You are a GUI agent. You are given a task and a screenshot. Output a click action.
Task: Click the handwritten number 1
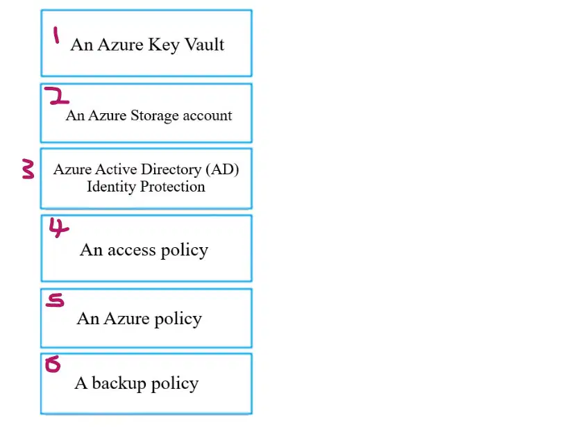[56, 35]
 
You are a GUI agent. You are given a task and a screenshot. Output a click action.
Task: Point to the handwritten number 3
[28, 169]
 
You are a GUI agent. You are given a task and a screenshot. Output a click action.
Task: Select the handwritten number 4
[59, 228]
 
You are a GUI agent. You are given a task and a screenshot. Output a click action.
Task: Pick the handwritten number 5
[56, 300]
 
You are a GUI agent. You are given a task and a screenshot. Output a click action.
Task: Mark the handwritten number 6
[53, 364]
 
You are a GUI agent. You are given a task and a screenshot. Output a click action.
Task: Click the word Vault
[204, 44]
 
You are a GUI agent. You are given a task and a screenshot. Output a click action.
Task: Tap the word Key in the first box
[164, 45]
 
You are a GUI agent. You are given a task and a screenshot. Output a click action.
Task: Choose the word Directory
[171, 170]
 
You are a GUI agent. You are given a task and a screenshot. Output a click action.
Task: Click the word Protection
[172, 187]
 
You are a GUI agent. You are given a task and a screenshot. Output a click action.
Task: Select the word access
[131, 250]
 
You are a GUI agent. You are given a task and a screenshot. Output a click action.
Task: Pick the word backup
[119, 383]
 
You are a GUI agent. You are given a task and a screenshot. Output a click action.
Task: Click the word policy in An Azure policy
[178, 319]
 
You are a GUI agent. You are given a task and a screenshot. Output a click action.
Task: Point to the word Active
[116, 169]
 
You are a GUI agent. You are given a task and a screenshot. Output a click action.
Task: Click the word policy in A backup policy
[175, 384]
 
